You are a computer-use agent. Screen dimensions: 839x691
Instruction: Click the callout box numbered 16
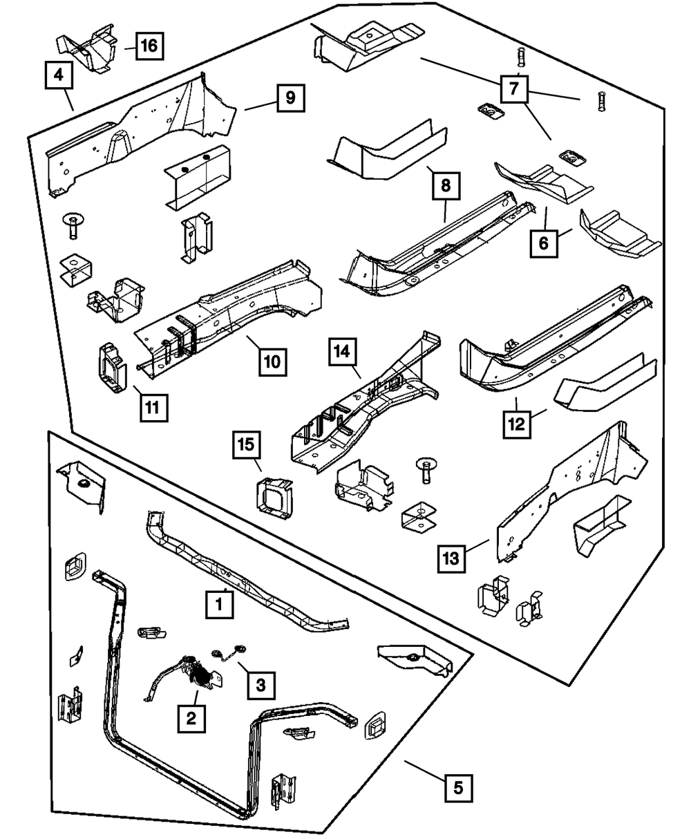click(x=149, y=47)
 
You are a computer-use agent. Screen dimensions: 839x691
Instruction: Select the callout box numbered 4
click(x=59, y=75)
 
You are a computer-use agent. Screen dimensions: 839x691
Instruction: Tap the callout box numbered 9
click(x=290, y=98)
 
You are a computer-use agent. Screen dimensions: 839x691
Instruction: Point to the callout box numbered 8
click(x=446, y=185)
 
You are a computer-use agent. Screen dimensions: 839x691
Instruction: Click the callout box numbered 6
click(x=544, y=243)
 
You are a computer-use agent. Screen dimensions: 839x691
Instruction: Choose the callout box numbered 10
click(x=274, y=361)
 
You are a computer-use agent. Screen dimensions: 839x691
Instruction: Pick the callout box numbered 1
click(x=218, y=605)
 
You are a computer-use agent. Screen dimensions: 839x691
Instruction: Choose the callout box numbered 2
click(x=191, y=718)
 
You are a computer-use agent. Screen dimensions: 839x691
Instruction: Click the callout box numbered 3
click(x=260, y=685)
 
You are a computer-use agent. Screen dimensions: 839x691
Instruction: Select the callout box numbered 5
click(x=460, y=786)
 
